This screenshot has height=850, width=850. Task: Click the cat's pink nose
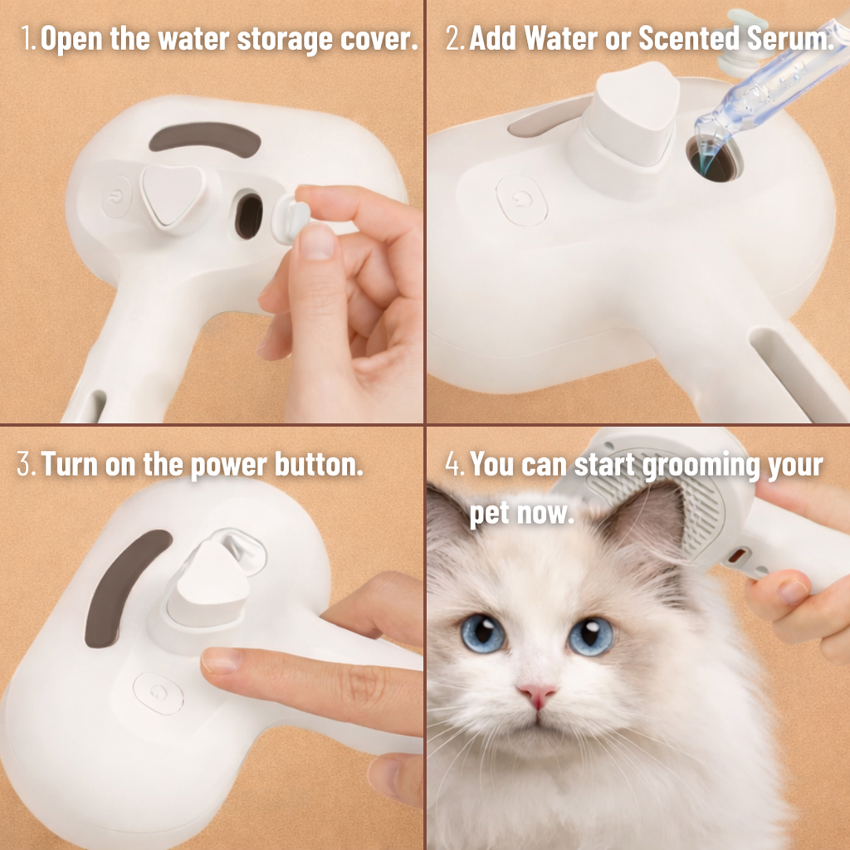tap(537, 694)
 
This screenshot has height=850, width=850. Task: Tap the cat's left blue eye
tap(482, 633)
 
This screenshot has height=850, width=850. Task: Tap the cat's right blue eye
tap(591, 636)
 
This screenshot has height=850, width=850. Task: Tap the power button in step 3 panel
tap(158, 694)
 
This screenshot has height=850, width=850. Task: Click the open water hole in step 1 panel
tap(247, 215)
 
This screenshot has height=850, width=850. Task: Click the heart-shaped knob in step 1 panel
tap(173, 193)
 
